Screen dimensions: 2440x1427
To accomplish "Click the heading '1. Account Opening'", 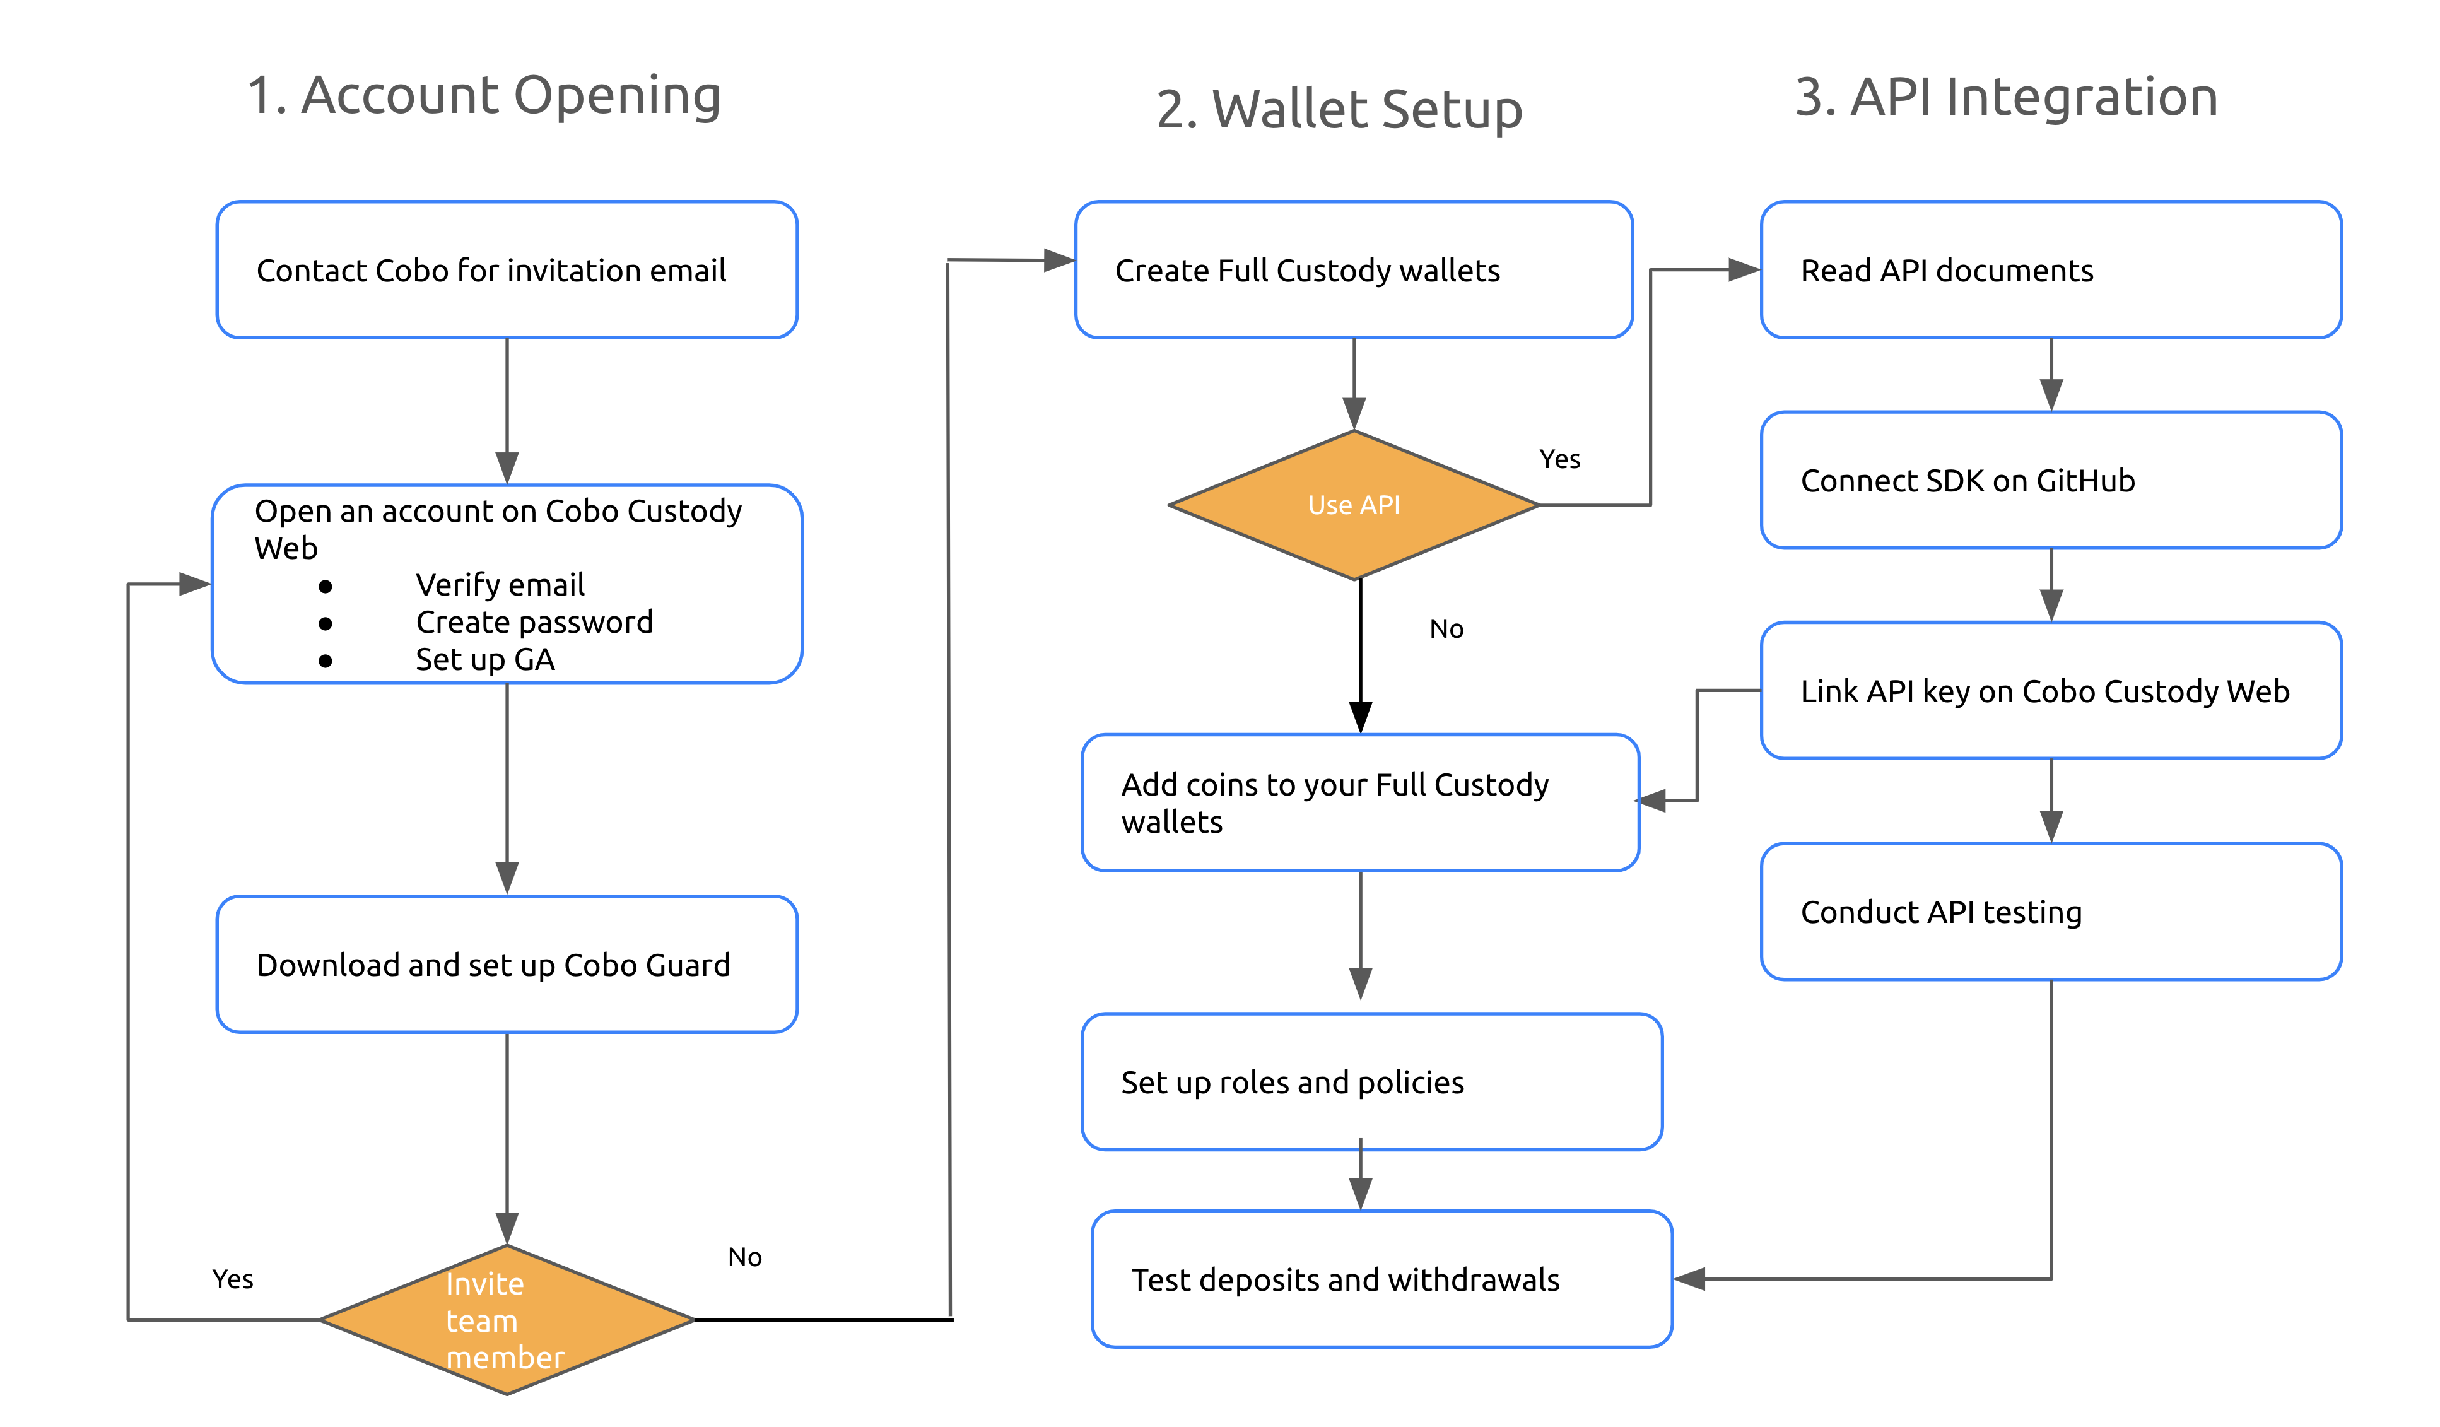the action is point(484,97).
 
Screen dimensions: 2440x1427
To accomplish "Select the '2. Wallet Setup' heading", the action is point(1339,109).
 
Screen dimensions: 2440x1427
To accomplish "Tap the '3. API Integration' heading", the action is point(2006,97).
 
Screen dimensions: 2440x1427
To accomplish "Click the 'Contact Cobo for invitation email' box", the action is point(507,270).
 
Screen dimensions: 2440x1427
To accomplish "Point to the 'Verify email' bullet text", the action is point(500,585).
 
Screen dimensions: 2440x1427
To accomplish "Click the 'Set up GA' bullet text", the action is point(485,659).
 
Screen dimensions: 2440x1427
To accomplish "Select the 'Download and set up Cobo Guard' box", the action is point(507,964).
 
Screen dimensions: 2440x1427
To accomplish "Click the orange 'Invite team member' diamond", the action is point(507,1320).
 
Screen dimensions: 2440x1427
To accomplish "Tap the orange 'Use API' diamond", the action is point(1354,505).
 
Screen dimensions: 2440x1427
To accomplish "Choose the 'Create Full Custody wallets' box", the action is point(1354,270).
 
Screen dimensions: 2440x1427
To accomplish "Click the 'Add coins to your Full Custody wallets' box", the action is point(1361,802).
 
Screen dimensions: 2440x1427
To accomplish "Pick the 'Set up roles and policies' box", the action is point(1372,1081).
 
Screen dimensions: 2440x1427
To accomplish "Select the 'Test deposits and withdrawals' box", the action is point(1381,1279).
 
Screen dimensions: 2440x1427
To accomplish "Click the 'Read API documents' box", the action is point(2051,270).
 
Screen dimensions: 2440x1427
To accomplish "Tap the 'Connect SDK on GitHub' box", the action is point(2051,480).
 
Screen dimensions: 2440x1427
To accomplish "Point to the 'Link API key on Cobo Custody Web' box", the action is point(2051,690).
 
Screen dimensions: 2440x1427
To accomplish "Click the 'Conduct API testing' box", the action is point(2051,911).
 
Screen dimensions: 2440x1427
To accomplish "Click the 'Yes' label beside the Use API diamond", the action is point(1560,459).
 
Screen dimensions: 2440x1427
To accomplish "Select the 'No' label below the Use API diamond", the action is point(1446,629).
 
